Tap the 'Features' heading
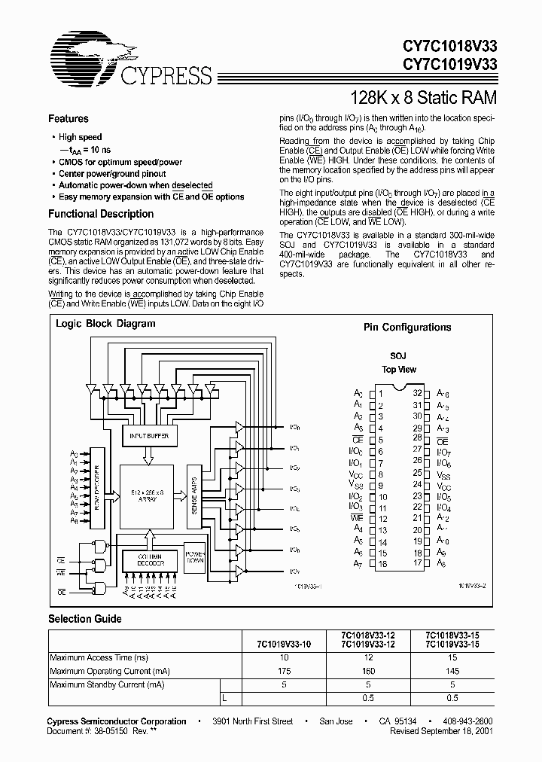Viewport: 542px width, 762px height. pyautogui.click(x=69, y=119)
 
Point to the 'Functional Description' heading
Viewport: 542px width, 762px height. pyautogui.click(x=102, y=214)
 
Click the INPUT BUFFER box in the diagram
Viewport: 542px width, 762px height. pyautogui.click(x=149, y=436)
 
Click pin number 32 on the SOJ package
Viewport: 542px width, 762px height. pyautogui.click(x=416, y=393)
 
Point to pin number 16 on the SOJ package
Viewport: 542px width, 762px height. pyautogui.click(x=384, y=564)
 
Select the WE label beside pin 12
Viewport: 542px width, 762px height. pyautogui.click(x=358, y=519)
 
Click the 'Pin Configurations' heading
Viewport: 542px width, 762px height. pyautogui.click(x=407, y=328)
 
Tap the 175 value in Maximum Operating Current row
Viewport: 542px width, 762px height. pyautogui.click(x=284, y=669)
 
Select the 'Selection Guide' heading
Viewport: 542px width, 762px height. pyautogui.click(x=85, y=619)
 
